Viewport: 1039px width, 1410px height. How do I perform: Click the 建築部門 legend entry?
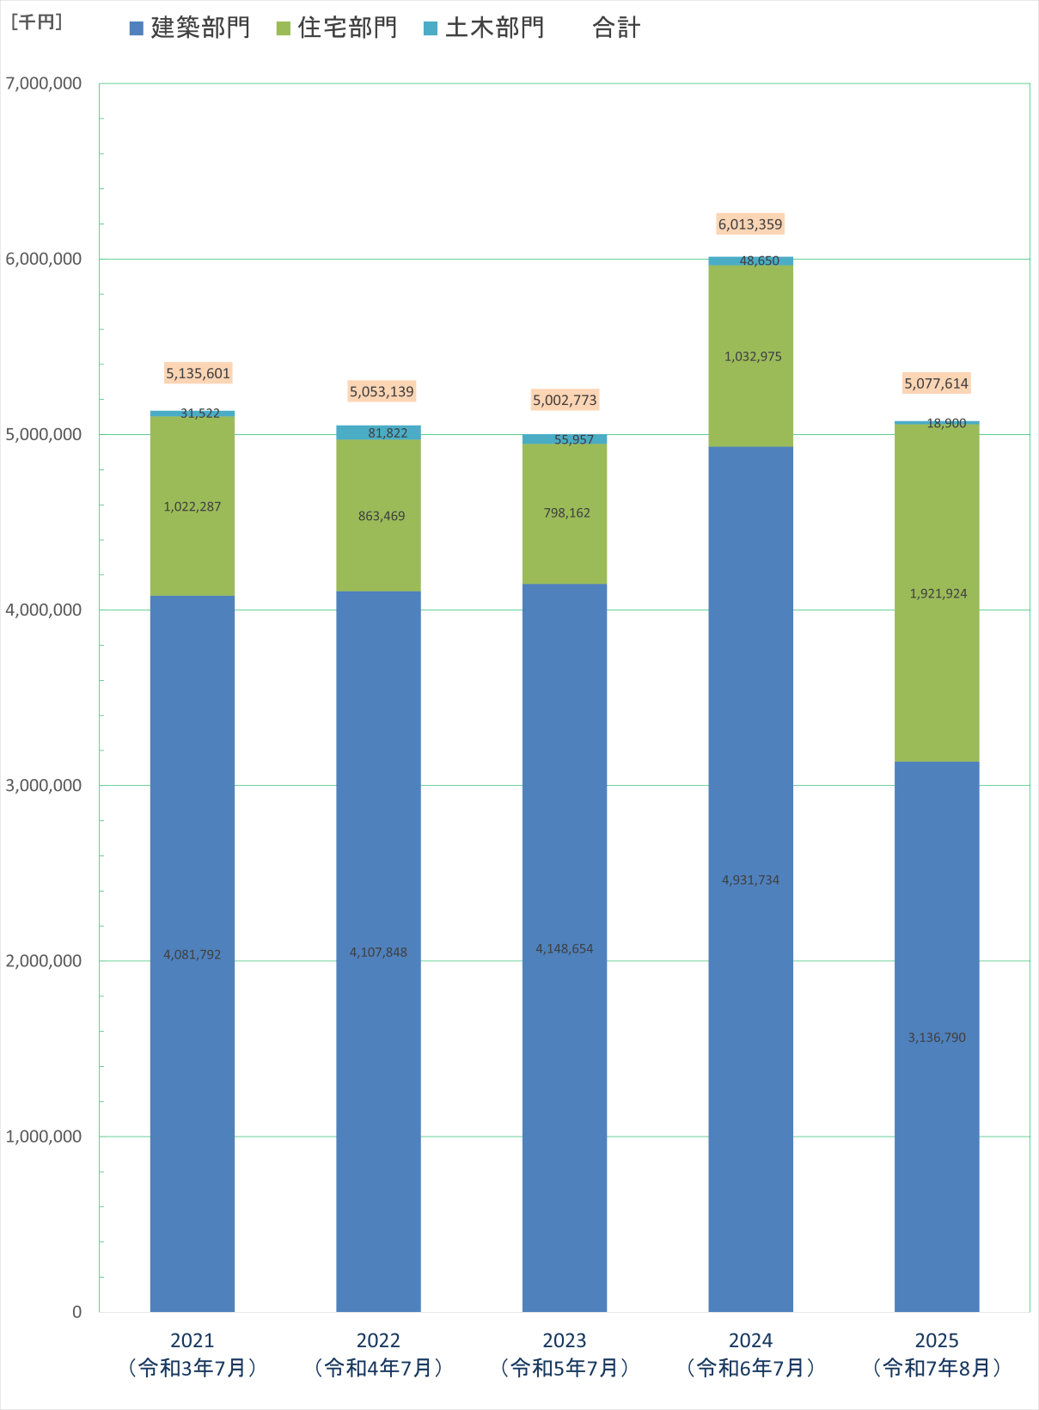point(190,28)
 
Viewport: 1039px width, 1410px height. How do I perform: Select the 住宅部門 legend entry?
point(337,28)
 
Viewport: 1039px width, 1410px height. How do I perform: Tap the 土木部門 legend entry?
point(485,28)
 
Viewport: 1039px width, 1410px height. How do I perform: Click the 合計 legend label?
point(616,28)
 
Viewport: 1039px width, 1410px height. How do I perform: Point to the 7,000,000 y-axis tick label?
point(44,83)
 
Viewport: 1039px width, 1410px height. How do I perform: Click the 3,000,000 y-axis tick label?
point(44,785)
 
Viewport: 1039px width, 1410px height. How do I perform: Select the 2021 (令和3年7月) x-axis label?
point(193,1354)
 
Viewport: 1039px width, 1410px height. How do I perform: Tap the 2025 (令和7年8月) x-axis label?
point(937,1354)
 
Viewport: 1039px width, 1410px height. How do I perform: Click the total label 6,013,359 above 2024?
point(750,224)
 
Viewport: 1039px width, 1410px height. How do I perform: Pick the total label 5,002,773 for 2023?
point(565,400)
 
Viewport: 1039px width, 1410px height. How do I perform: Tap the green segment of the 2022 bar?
point(378,550)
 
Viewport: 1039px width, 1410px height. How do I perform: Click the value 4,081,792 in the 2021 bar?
point(193,954)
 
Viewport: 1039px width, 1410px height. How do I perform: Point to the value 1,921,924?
point(938,593)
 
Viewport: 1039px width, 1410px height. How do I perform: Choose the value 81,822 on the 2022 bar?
point(388,432)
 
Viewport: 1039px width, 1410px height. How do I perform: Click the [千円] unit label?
point(36,22)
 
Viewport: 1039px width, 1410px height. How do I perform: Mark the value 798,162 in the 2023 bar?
point(566,512)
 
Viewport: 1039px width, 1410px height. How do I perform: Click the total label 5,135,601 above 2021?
point(199,373)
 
